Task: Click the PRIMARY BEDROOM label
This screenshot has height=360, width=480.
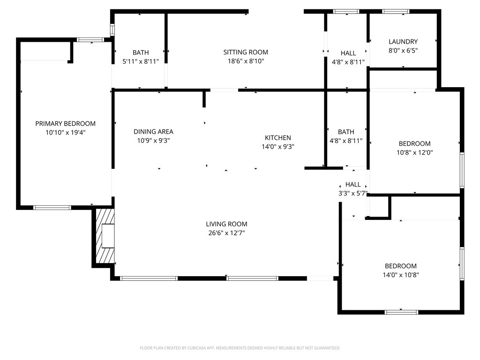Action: point(66,124)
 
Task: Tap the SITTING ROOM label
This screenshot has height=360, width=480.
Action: point(246,52)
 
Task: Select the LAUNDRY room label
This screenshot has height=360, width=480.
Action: point(403,42)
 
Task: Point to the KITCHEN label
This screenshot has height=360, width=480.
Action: point(277,138)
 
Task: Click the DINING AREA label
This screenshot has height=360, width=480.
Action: point(153,132)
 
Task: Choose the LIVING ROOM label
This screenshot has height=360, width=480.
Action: point(226,224)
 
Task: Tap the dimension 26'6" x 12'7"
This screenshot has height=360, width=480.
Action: point(226,233)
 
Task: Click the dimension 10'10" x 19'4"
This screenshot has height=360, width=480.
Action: point(66,133)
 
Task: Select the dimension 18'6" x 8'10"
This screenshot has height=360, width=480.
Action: point(246,61)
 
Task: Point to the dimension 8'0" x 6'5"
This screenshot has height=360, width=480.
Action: point(403,51)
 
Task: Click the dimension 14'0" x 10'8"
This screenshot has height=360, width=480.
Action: point(401,275)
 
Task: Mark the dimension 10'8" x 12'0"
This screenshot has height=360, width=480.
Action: point(414,152)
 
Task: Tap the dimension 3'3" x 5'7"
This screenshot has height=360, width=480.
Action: point(352,193)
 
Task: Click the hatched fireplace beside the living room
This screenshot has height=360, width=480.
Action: point(105,236)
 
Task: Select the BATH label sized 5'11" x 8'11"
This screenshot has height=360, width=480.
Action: point(141,52)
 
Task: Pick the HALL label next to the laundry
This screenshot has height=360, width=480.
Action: point(348,53)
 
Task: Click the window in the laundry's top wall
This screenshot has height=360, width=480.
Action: point(396,12)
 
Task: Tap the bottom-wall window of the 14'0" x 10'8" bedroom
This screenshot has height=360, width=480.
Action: point(401,312)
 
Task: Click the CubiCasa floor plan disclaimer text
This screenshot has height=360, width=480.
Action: point(240,348)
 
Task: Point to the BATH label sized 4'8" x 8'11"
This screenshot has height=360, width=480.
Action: point(346,132)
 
